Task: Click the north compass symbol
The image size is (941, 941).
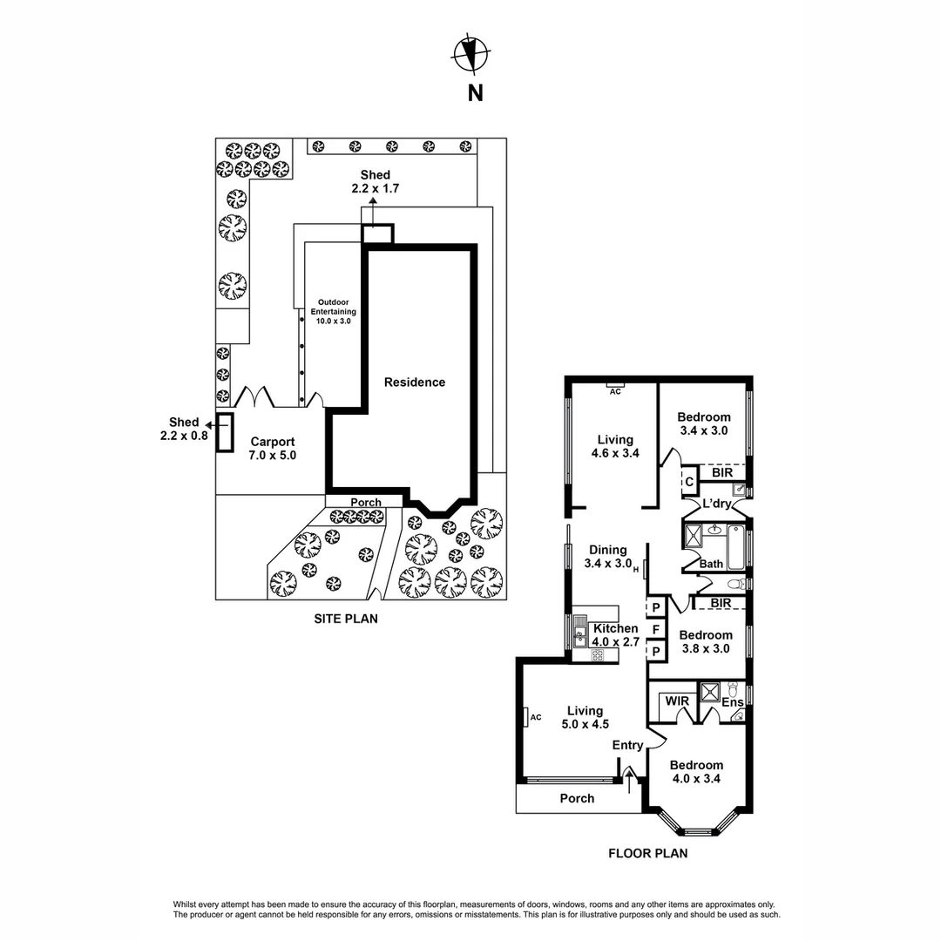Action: click(x=470, y=54)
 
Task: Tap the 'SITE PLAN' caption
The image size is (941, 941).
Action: click(x=346, y=619)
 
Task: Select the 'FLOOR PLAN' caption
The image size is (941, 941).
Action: click(x=647, y=853)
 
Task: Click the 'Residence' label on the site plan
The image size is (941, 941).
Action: click(x=415, y=382)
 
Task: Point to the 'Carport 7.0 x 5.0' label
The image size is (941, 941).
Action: click(x=273, y=448)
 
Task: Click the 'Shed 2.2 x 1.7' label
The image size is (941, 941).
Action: click(x=376, y=181)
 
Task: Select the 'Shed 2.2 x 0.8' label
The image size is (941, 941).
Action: click(x=184, y=429)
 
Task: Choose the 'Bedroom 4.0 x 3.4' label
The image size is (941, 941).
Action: click(x=697, y=772)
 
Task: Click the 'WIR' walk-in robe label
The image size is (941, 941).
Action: click(x=677, y=701)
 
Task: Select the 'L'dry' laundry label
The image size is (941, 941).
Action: click(x=716, y=504)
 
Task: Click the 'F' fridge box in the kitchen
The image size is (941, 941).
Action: click(x=655, y=628)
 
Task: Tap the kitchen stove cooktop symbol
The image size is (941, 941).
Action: click(x=598, y=655)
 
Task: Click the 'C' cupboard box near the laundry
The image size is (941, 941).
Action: click(x=687, y=481)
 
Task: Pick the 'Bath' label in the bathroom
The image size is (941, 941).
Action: click(x=711, y=564)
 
